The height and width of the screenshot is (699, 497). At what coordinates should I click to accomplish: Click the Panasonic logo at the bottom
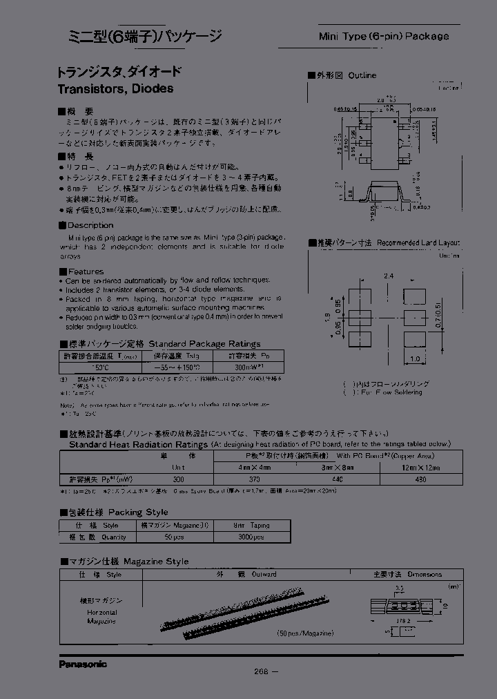pyautogui.click(x=82, y=664)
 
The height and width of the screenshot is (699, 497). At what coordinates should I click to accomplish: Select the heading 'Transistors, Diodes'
pyautogui.click(x=115, y=88)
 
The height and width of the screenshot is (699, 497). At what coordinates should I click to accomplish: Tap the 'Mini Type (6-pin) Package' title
pyautogui.click(x=383, y=36)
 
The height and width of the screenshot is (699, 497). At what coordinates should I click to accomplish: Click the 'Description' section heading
pyautogui.click(x=90, y=225)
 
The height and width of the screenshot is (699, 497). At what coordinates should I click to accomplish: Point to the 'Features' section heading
pyautogui.click(x=86, y=271)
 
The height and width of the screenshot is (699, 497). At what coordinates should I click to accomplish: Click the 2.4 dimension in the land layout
pyautogui.click(x=389, y=276)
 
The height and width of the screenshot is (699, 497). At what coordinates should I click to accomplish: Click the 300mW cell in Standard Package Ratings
pyautogui.click(x=232, y=368)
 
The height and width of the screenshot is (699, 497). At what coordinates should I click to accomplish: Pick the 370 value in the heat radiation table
pyautogui.click(x=254, y=478)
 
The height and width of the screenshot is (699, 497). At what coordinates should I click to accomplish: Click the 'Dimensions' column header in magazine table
pyautogui.click(x=417, y=574)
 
